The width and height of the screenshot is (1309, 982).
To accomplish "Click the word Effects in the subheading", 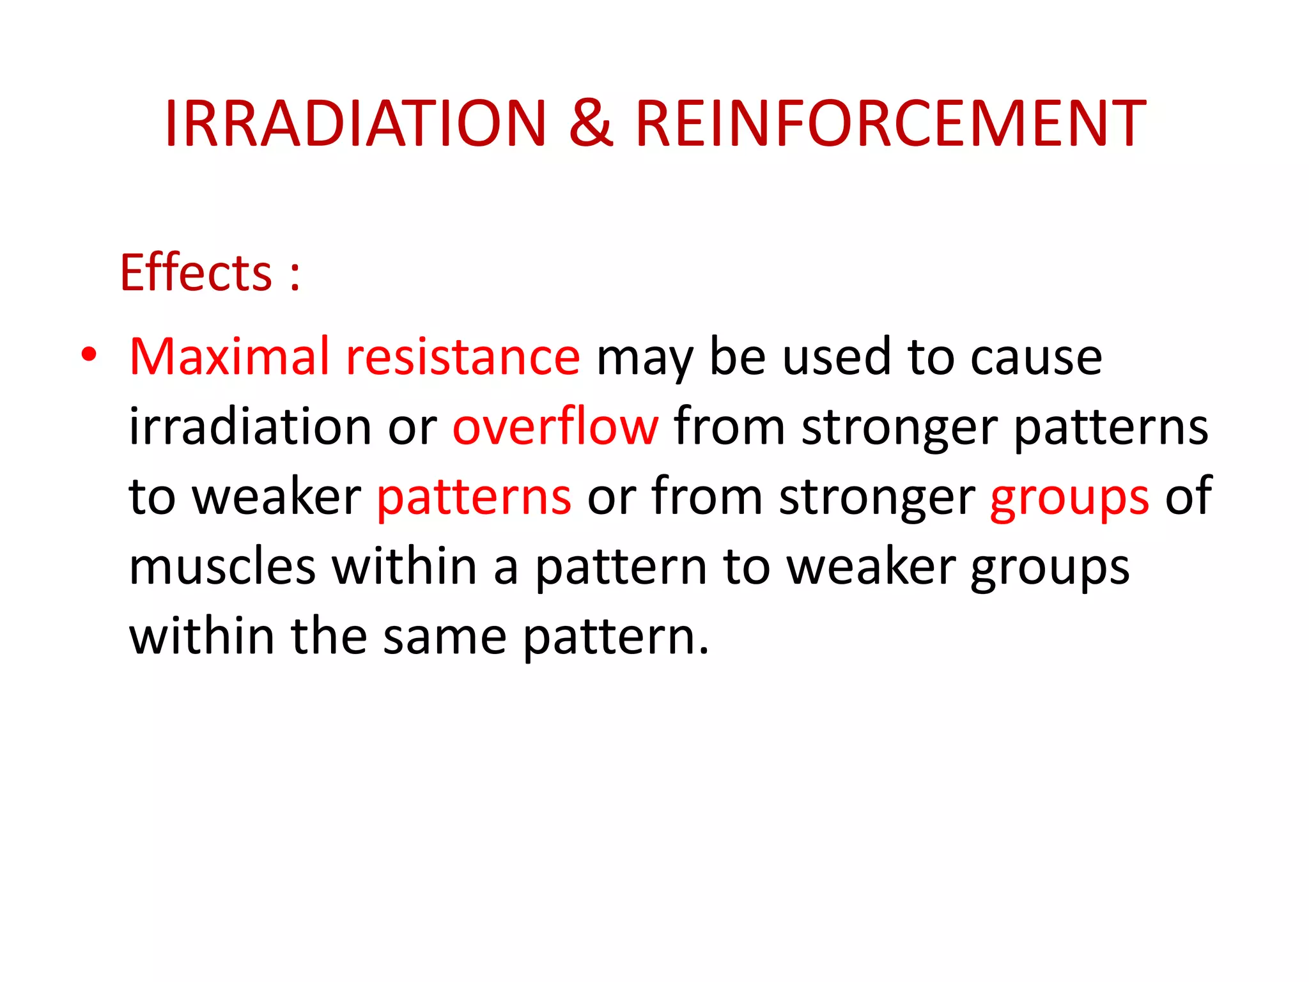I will tap(197, 273).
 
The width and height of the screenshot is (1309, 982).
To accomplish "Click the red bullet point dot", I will tap(89, 355).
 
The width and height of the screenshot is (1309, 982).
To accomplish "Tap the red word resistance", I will tap(463, 356).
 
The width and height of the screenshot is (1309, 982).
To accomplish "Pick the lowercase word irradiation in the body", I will tap(250, 426).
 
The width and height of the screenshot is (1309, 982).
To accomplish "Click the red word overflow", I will tap(555, 426).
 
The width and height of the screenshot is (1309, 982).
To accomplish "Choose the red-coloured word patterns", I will tap(474, 497).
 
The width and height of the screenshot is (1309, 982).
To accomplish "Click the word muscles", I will tap(222, 566).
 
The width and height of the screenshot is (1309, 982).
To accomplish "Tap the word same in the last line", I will tap(445, 637).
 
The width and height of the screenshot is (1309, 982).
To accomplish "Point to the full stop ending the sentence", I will tap(704, 651).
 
